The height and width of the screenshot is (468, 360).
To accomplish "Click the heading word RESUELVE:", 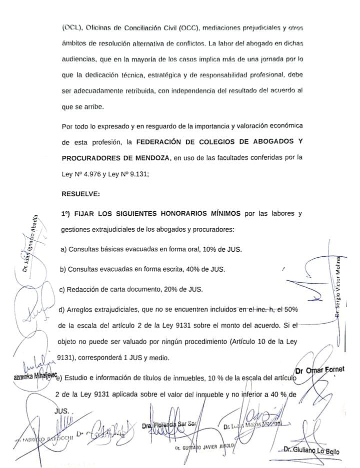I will tap(80, 193).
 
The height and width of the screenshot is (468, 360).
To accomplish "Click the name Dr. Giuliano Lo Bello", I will tap(310, 451).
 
